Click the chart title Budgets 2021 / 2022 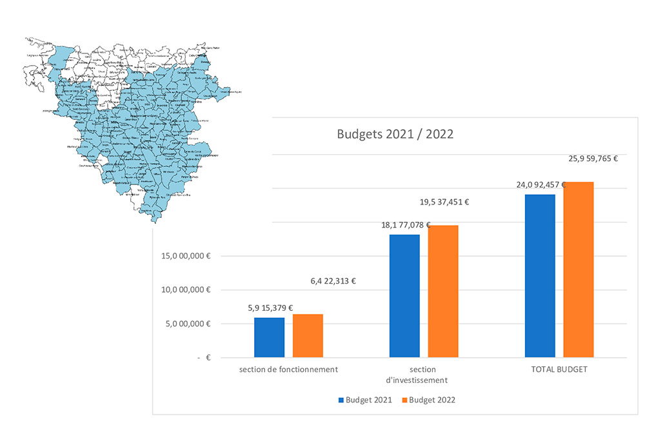(x=395, y=135)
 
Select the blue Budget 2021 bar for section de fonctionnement (x=269, y=337)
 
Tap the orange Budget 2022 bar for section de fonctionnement (x=308, y=335)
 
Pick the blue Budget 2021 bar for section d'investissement (x=404, y=295)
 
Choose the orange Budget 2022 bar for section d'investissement (x=443, y=291)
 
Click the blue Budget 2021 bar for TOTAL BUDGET (x=540, y=275)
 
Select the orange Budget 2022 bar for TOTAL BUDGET (x=579, y=269)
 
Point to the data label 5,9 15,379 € (x=270, y=308)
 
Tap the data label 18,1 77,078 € (x=406, y=224)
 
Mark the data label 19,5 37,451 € (x=444, y=202)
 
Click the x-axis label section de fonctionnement (x=288, y=369)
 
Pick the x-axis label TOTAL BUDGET (x=559, y=369)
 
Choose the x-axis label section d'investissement (x=423, y=375)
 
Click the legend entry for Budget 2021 (x=364, y=400)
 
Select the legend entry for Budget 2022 (x=428, y=400)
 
